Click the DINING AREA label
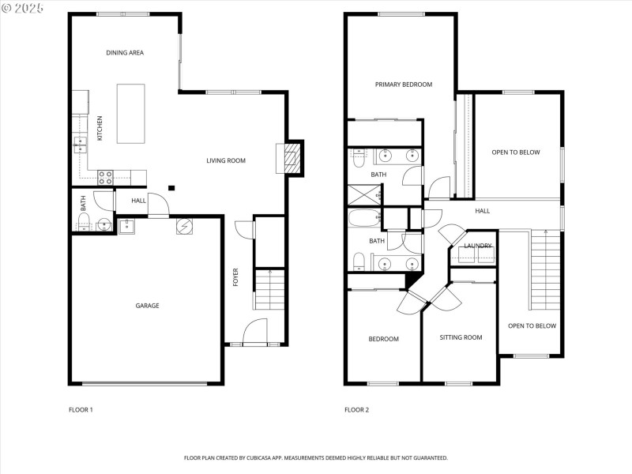tap(125, 52)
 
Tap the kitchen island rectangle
tap(131, 114)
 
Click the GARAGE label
tap(147, 306)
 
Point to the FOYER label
tap(235, 277)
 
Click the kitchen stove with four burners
tap(106, 178)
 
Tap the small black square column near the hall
tap(171, 188)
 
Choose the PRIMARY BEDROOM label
tap(404, 85)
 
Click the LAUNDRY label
tap(478, 246)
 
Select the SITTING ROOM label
tap(461, 337)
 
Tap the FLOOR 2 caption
tap(357, 410)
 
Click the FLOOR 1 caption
tap(81, 410)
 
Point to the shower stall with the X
tap(364, 195)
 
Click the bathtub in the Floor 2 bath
tap(364, 218)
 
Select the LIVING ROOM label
tap(226, 160)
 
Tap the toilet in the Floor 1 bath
tap(84, 222)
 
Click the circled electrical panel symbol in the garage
tap(184, 226)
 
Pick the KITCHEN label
tap(100, 128)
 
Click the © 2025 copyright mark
tap(22, 8)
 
